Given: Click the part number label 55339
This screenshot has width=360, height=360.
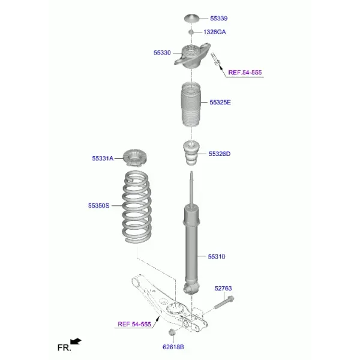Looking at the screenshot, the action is [x=218, y=19].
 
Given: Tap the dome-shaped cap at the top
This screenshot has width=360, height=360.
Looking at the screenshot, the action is [x=192, y=19].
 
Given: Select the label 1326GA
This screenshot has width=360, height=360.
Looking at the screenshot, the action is [x=214, y=32].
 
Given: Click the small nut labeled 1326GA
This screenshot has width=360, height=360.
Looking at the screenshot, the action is [x=191, y=32].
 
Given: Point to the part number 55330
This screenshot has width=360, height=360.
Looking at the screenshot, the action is [x=162, y=53].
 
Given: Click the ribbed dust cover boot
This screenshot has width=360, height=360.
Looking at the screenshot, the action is [x=191, y=104].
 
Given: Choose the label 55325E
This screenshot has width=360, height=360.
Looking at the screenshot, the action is [x=220, y=103].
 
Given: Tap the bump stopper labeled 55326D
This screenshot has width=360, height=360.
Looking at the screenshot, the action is [x=191, y=153].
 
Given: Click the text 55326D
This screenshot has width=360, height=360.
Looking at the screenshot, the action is [x=220, y=154].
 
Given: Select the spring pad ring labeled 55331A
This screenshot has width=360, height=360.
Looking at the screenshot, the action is [x=135, y=158].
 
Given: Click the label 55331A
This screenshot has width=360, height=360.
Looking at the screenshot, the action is [x=103, y=158].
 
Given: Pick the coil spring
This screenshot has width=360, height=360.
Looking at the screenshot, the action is [x=137, y=207].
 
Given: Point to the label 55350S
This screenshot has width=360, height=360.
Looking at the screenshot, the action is [x=99, y=206].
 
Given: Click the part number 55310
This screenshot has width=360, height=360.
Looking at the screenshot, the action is [x=217, y=257].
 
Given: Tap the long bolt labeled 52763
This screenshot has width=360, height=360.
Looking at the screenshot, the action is [x=224, y=302].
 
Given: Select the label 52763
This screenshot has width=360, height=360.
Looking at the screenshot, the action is [x=223, y=289].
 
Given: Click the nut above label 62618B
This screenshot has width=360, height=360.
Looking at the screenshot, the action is [x=171, y=332].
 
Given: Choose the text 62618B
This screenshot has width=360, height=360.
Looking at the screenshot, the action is [x=173, y=347].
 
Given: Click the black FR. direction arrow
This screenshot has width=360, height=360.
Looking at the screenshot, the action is [x=76, y=341].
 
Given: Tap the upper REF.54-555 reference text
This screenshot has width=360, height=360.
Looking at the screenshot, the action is [x=245, y=73].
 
